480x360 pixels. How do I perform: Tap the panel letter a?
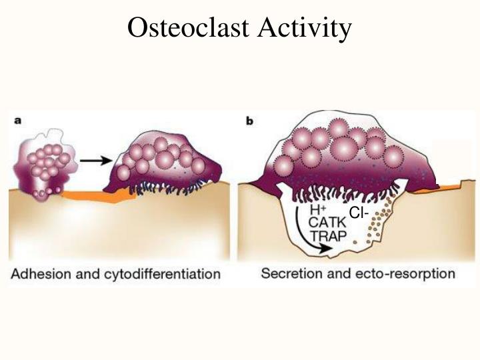tap(19, 121)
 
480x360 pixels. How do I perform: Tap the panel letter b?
tap(249, 121)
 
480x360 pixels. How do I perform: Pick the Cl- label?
tap(358, 213)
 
